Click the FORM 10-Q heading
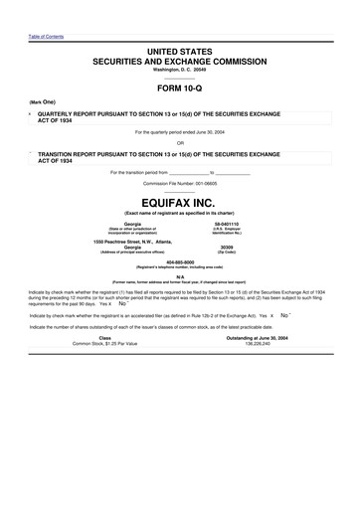coord(179,87)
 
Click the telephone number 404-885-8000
coord(179,262)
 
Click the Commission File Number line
coord(179,184)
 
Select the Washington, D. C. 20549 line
coord(179,70)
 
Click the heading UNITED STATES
coord(179,50)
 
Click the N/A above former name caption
coord(180,277)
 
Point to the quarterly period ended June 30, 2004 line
coord(179,131)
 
